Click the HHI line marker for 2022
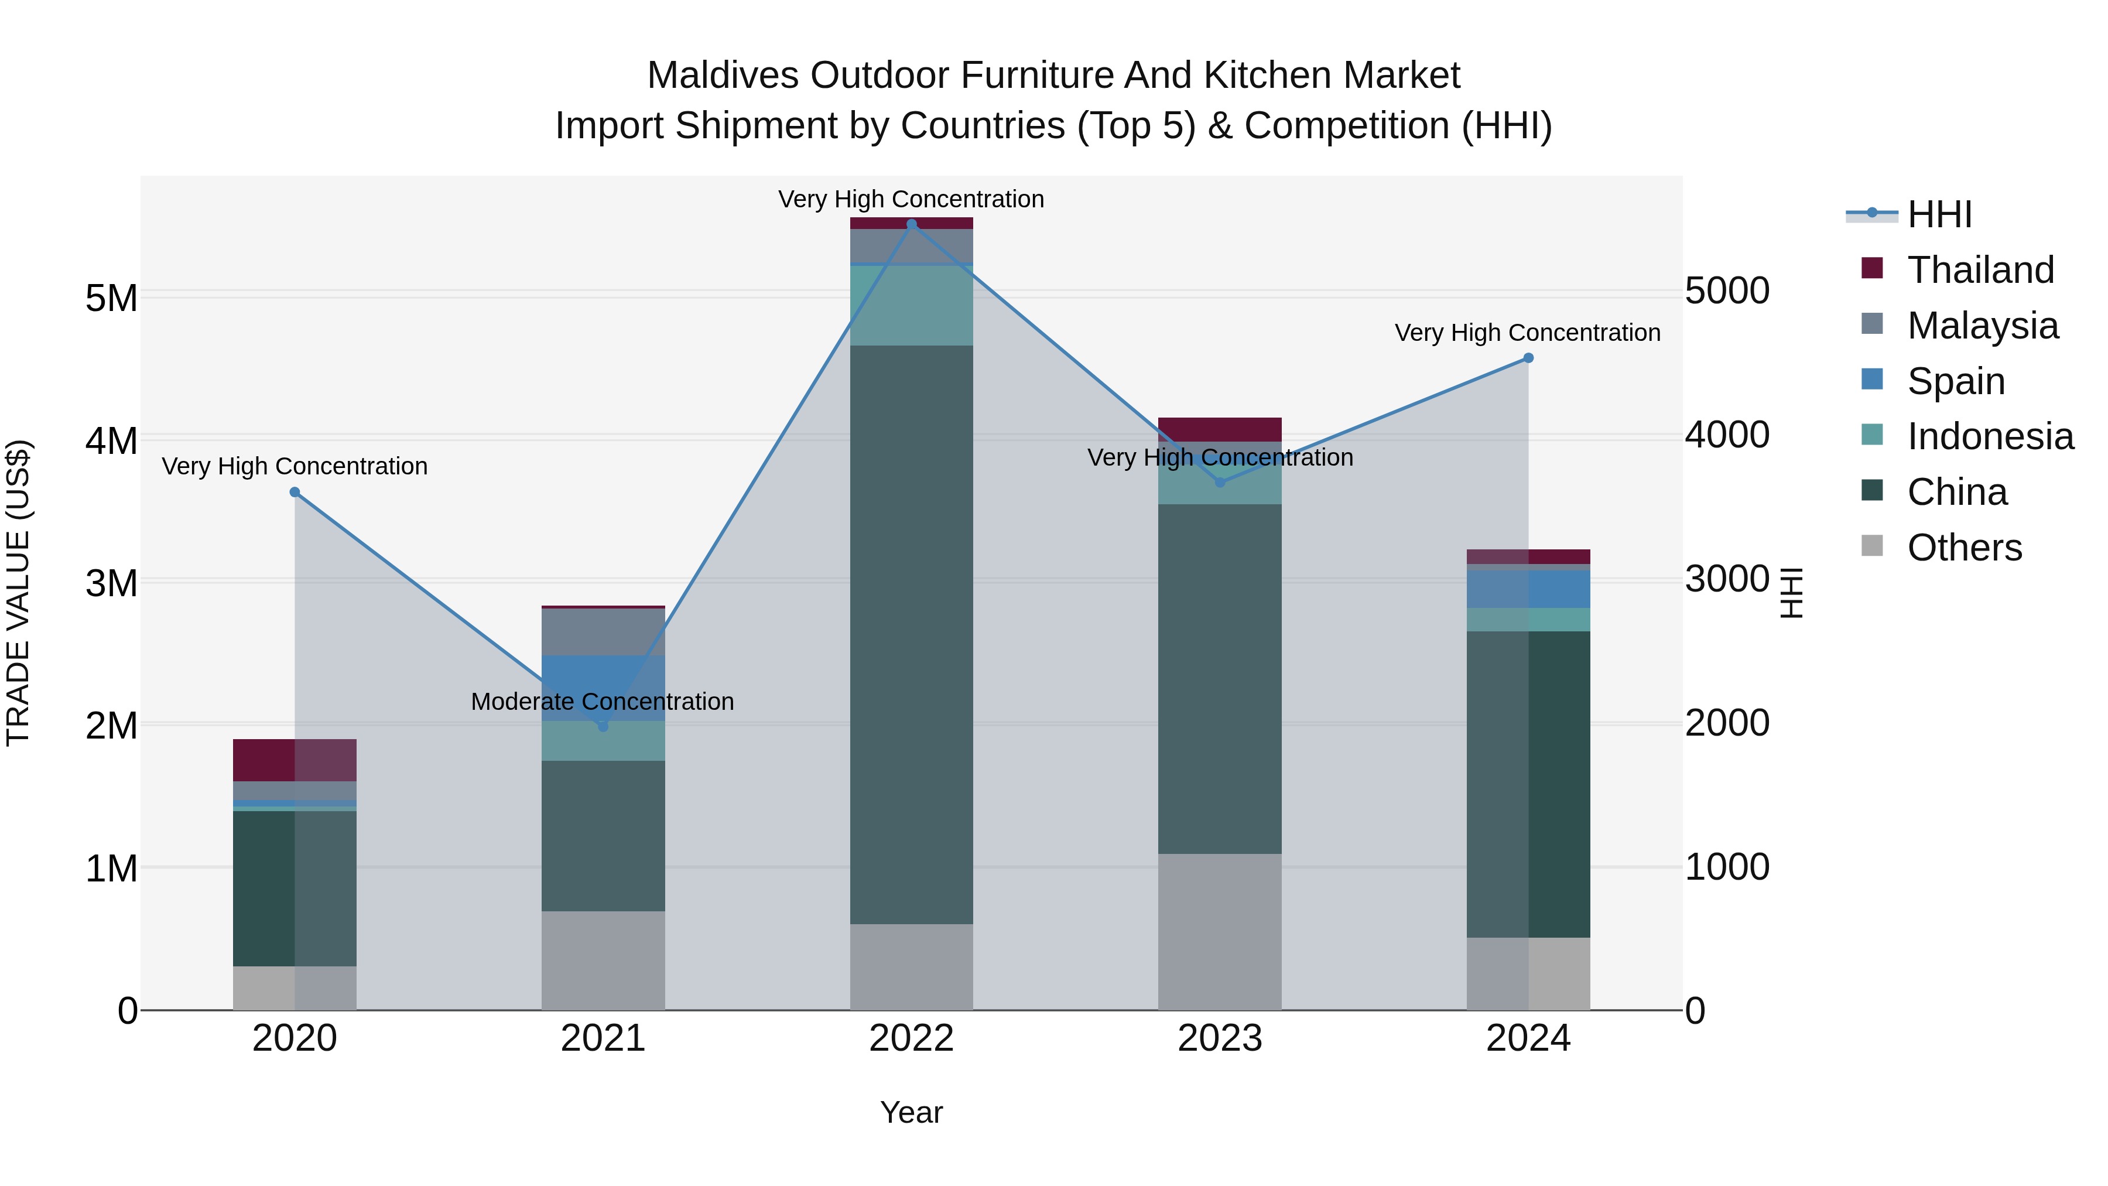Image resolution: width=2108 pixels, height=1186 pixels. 912,224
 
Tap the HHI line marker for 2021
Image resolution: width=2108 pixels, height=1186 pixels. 603,726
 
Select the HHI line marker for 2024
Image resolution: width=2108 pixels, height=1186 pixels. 1528,358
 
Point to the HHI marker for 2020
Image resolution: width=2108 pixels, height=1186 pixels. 295,492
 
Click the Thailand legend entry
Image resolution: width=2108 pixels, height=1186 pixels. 1980,270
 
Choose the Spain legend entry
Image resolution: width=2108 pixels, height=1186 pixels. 1955,381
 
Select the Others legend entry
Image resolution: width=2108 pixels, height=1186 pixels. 1963,548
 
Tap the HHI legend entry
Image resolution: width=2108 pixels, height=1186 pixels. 1939,214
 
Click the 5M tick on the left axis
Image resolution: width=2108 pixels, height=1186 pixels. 111,298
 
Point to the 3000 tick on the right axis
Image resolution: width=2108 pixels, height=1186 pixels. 1727,579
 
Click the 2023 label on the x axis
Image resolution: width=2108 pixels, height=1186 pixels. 1219,1038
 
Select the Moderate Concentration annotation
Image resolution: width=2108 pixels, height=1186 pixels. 603,702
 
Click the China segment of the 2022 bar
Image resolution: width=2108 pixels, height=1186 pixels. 912,634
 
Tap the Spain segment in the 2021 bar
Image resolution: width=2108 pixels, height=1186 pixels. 603,688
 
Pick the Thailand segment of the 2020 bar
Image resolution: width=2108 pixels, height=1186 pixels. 295,760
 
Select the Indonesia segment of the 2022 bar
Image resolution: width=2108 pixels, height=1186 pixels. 912,305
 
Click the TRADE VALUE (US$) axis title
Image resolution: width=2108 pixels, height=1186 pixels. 19,593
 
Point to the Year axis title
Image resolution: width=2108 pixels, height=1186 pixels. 911,1112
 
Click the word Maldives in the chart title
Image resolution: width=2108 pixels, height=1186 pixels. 723,76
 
